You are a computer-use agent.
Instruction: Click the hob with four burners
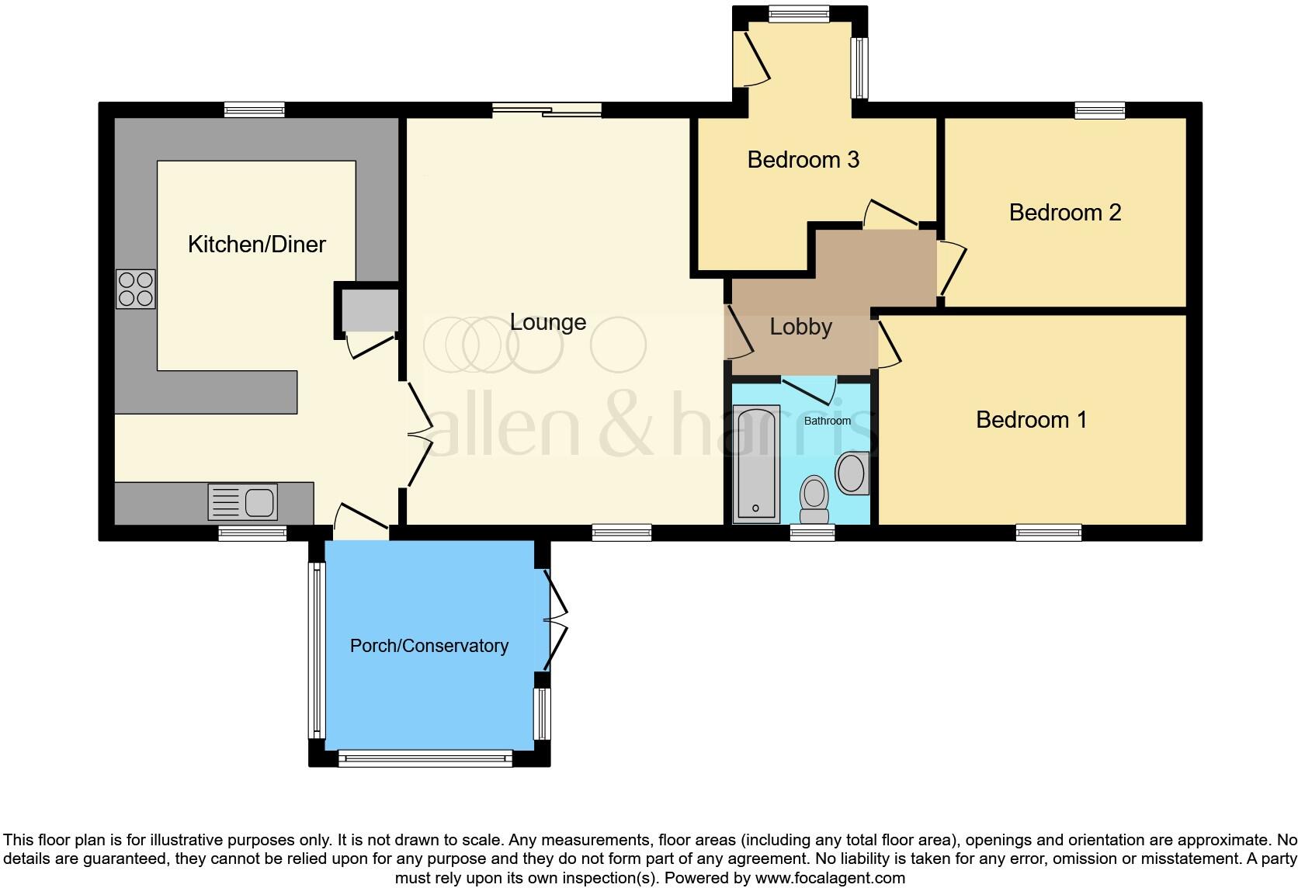coord(136,289)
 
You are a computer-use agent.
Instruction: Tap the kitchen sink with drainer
coord(243,502)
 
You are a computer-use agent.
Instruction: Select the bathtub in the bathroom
coord(756,464)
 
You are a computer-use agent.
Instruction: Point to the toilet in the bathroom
coord(814,498)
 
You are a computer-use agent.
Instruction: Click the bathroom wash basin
coord(852,473)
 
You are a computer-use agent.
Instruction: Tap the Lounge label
coord(548,322)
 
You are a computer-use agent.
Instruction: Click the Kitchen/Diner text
coord(256,245)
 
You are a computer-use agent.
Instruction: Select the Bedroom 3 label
coord(803,160)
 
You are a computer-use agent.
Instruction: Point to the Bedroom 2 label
coord(1065,213)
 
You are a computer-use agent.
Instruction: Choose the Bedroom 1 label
coord(1031,420)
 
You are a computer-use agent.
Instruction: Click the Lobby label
coord(800,327)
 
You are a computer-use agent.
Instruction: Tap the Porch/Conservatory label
coord(429,646)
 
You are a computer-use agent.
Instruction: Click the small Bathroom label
coord(827,421)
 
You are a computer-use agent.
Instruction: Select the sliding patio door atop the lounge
coord(547,110)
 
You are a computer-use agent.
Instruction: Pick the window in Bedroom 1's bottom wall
coord(1048,532)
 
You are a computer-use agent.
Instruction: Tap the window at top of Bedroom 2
coord(1099,110)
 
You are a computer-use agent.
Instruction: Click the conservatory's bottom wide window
coord(425,758)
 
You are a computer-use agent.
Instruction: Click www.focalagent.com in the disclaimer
coord(830,878)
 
